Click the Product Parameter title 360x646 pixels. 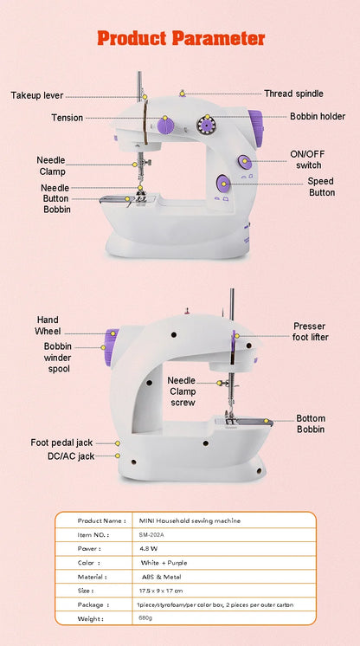180,38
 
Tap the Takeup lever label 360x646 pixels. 37,94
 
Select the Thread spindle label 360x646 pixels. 293,94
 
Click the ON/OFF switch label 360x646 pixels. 308,159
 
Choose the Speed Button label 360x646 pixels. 321,186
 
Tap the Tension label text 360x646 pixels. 67,117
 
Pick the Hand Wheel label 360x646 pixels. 48,326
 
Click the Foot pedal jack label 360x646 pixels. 61,443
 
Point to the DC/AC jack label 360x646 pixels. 71,455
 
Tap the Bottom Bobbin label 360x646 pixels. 311,423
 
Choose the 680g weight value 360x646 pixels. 145,618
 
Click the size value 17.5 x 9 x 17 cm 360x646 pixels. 161,591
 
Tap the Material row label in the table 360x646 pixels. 92,577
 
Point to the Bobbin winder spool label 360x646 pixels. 58,358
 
